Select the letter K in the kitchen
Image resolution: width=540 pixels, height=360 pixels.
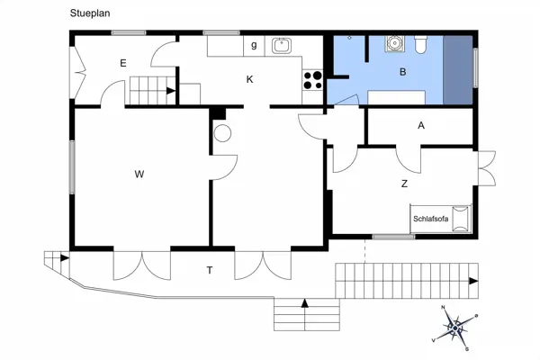pos(250,79)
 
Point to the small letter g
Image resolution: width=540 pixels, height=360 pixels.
pos(254,44)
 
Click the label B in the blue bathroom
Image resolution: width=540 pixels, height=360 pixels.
pos(403,71)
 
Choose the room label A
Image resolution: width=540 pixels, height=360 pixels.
pos(420,126)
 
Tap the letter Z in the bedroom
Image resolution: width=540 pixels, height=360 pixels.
pos(404,184)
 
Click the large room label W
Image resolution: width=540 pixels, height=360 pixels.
pos(139,173)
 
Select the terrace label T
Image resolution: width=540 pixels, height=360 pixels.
pos(210,269)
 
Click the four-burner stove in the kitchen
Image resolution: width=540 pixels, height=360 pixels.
pos(312,81)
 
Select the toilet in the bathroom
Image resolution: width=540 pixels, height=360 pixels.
pos(421,44)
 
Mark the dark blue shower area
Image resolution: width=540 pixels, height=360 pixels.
pos(459,71)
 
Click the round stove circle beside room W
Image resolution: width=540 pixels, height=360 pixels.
pos(222,133)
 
